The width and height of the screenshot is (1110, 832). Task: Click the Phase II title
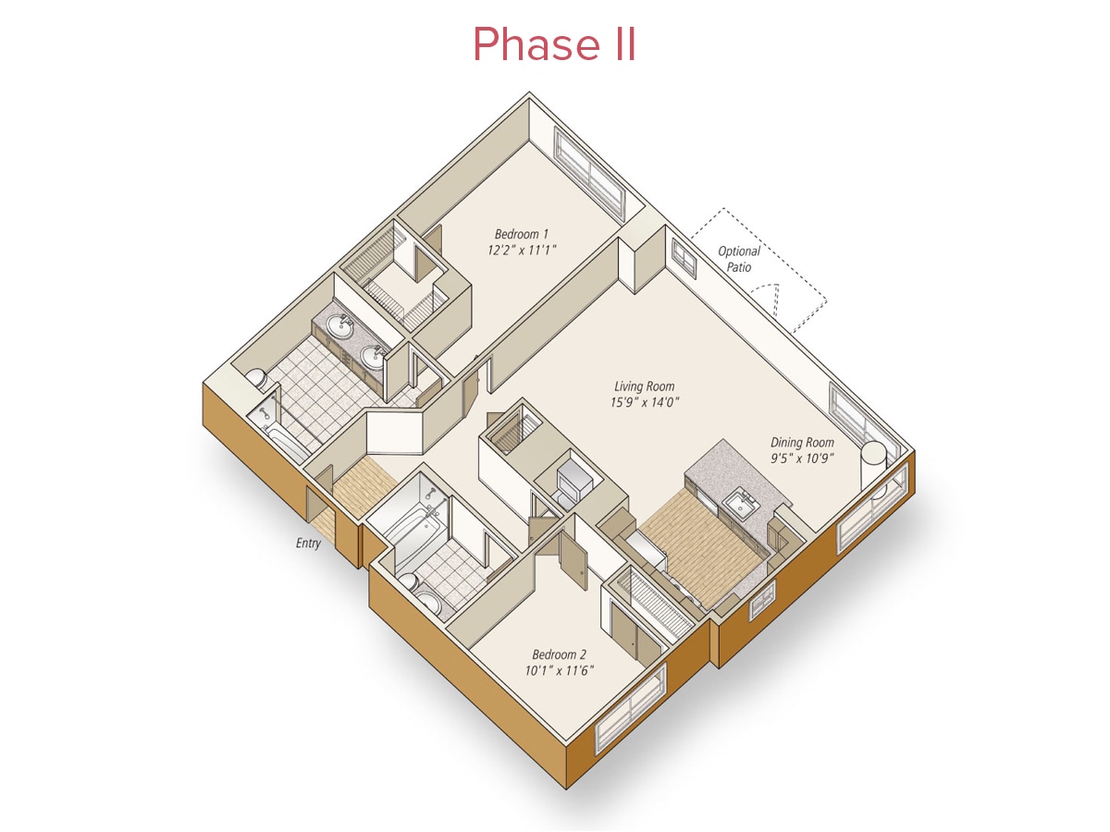(x=554, y=44)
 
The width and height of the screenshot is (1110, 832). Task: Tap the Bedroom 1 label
(x=521, y=234)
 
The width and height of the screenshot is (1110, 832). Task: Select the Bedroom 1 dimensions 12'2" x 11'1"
(x=522, y=250)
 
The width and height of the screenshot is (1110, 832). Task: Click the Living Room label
(x=644, y=386)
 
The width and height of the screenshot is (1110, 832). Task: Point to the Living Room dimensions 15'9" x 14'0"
(x=644, y=402)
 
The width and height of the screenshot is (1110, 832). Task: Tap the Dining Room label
(x=802, y=443)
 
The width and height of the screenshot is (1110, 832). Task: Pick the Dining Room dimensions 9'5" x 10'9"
(x=802, y=459)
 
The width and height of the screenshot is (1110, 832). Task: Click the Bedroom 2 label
(x=559, y=655)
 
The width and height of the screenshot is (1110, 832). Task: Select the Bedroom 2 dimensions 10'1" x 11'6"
(x=559, y=671)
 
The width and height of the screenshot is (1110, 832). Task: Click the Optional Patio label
(x=739, y=259)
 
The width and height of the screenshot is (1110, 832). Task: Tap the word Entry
(x=308, y=543)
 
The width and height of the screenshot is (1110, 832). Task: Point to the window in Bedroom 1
(x=589, y=175)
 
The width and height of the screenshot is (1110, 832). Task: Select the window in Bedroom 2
(x=631, y=708)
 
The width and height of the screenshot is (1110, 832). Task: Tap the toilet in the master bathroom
(x=257, y=378)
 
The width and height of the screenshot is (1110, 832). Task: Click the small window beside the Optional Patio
(x=684, y=258)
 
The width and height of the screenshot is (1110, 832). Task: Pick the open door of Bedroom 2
(x=573, y=559)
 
